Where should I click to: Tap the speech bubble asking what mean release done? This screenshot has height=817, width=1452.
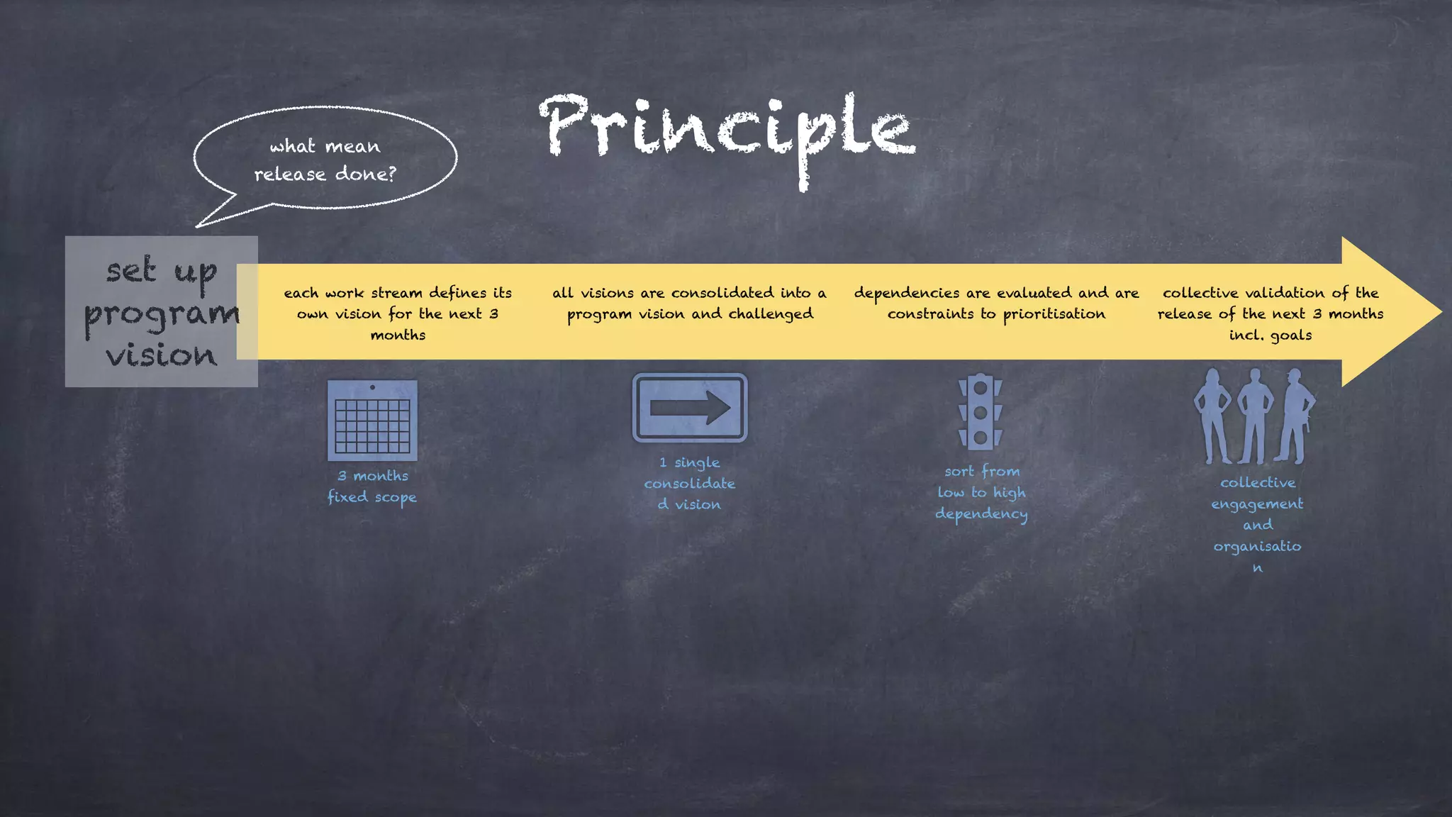click(325, 159)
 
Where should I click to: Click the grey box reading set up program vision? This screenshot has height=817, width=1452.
click(161, 312)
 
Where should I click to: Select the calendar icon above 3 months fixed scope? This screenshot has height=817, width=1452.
click(372, 421)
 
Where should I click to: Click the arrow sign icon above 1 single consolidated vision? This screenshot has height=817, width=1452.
click(690, 408)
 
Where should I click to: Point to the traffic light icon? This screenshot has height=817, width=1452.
click(981, 411)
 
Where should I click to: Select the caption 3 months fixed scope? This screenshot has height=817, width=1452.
click(372, 487)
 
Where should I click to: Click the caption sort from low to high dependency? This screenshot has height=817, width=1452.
click(981, 492)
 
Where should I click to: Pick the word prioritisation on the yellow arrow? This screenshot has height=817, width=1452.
click(1054, 314)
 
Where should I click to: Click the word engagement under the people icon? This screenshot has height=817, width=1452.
click(1257, 504)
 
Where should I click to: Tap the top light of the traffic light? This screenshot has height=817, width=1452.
click(981, 388)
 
